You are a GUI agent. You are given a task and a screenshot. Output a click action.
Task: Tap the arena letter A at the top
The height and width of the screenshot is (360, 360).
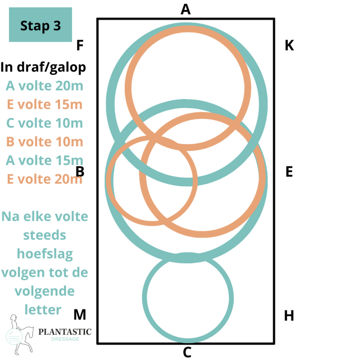click(185, 9)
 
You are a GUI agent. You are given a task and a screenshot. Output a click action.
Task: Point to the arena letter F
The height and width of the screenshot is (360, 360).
click(81, 45)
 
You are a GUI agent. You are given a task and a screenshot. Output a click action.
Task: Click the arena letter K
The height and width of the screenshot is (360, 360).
click(289, 45)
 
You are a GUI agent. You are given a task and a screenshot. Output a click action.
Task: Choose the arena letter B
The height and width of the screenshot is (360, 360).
click(81, 172)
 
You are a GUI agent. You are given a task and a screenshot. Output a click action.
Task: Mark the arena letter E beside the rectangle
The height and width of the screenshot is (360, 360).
click(289, 172)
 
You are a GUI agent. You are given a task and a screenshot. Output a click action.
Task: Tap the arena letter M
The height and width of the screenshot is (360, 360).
click(80, 315)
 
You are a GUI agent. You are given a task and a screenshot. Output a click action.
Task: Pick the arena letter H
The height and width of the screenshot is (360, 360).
click(289, 315)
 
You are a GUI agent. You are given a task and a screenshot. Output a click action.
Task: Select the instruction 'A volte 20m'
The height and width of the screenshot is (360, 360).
click(45, 85)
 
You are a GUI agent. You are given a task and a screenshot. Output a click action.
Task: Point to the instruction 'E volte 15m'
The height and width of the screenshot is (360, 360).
click(45, 104)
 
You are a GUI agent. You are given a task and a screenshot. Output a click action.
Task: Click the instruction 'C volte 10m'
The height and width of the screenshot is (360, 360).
click(45, 123)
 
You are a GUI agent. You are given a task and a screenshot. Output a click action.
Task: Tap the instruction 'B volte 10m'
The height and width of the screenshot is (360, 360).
click(45, 142)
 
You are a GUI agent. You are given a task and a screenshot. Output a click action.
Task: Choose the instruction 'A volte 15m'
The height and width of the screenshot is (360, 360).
click(45, 161)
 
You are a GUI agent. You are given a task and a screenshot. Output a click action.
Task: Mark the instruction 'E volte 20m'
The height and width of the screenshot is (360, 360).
click(45, 180)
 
